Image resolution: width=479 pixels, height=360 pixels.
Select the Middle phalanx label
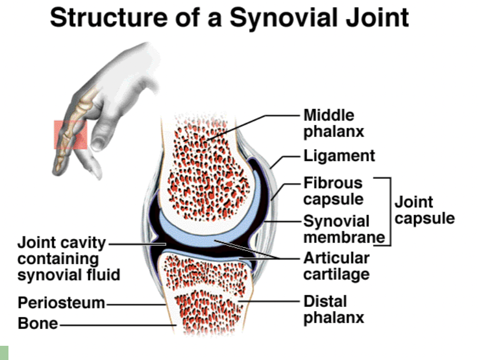pos(333,123)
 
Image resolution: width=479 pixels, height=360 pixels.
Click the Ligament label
pos(340,156)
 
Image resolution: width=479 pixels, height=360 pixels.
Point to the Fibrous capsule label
pos(333,191)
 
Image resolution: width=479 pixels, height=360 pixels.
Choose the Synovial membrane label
pos(337,229)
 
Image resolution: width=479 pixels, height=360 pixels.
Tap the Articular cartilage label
pos(336,266)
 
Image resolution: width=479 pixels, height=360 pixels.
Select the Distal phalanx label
pos(333,309)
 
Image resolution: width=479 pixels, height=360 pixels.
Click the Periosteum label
pos(61,303)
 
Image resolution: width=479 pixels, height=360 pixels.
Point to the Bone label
pos(37,323)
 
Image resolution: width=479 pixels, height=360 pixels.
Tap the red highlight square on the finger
pos(70,135)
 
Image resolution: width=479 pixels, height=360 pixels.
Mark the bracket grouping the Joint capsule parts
pos(390,211)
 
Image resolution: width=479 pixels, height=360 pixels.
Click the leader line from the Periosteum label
pos(134,304)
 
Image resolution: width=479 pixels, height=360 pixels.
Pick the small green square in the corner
pos(4,352)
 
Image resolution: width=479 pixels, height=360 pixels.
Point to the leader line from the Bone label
pos(116,325)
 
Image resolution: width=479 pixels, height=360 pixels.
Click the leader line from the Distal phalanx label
pos(271,302)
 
